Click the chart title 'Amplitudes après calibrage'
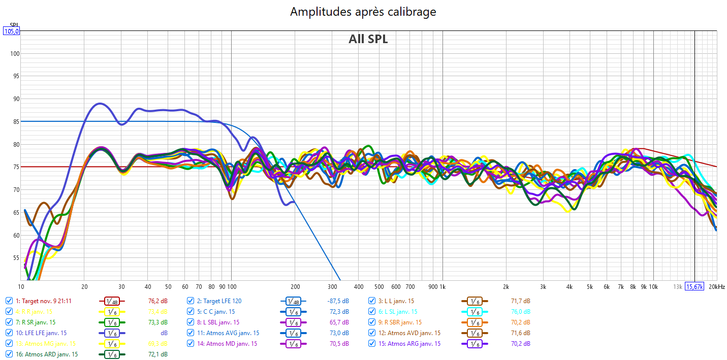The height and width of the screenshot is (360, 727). click(x=363, y=12)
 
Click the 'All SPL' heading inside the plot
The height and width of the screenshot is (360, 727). click(x=368, y=39)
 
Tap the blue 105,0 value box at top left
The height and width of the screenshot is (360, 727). click(x=11, y=31)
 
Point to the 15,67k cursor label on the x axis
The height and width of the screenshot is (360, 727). click(x=694, y=287)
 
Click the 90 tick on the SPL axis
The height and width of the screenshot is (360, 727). click(x=15, y=99)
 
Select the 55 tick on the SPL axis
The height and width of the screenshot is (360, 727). click(x=15, y=258)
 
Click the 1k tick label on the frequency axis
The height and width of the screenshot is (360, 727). click(x=442, y=287)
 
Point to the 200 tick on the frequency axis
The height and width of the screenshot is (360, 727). click(x=295, y=287)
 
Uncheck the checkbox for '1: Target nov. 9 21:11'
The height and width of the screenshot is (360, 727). click(x=9, y=301)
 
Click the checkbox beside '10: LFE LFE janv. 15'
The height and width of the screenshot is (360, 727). click(x=9, y=333)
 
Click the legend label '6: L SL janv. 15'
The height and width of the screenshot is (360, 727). click(x=400, y=312)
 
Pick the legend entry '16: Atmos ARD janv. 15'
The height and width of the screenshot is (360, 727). click(x=46, y=354)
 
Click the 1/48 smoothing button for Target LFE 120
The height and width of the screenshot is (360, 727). click(x=292, y=301)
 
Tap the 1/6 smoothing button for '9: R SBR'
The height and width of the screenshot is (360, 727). click(x=473, y=322)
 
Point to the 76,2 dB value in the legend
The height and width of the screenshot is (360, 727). click(x=157, y=301)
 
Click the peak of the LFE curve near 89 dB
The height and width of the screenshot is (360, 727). click(x=100, y=104)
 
